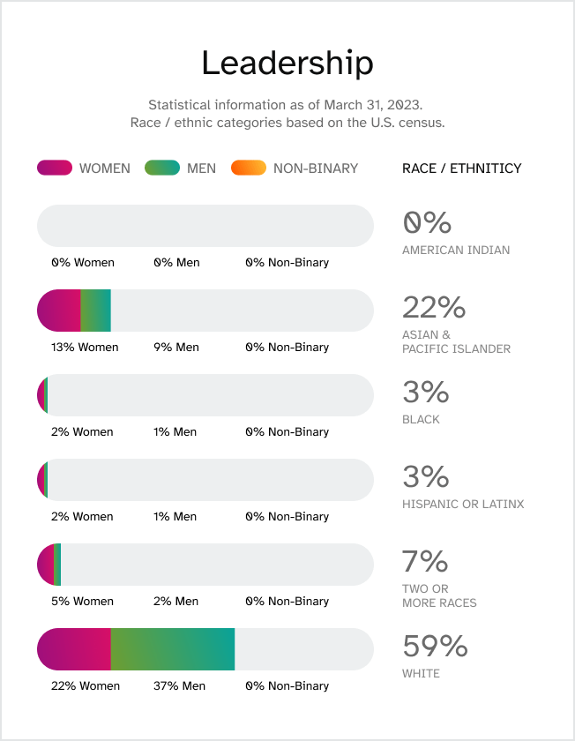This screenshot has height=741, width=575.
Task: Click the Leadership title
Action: click(287, 64)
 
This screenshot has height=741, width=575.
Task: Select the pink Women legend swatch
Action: click(54, 168)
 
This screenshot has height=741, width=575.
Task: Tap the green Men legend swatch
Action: click(161, 168)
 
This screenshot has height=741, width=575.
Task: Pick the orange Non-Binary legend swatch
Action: click(248, 168)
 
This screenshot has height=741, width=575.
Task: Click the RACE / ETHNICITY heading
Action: click(461, 168)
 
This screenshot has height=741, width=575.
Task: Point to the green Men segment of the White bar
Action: click(173, 649)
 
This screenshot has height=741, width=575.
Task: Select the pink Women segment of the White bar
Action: click(74, 649)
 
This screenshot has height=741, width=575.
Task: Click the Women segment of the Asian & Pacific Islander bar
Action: click(59, 311)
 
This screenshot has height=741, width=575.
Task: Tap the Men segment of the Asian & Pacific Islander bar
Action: click(95, 311)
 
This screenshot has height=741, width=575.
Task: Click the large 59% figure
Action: click(435, 647)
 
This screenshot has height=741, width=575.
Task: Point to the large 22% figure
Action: click(433, 308)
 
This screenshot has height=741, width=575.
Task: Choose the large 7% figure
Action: click(425, 562)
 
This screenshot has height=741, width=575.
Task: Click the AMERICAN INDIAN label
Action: click(456, 250)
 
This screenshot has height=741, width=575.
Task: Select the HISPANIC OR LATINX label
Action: click(463, 504)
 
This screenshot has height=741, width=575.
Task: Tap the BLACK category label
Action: click(421, 419)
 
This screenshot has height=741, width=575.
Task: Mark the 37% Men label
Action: click(179, 685)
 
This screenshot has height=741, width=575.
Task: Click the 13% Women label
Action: click(85, 347)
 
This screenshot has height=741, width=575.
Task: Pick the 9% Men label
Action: click(176, 347)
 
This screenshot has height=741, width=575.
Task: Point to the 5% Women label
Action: click(82, 601)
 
